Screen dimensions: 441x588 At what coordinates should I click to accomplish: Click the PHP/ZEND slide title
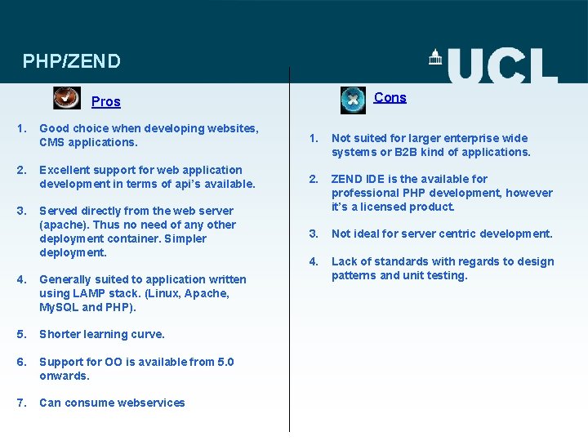point(72,61)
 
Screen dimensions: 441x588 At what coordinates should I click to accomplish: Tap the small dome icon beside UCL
point(435,56)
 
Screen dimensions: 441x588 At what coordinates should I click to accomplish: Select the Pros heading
point(105,102)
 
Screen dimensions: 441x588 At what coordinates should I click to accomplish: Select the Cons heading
point(390,98)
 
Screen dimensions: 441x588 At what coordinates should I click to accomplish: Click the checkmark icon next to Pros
point(67,98)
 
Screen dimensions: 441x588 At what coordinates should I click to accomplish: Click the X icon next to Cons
point(353,100)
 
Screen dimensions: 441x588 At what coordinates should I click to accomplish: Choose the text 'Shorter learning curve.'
point(102,334)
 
